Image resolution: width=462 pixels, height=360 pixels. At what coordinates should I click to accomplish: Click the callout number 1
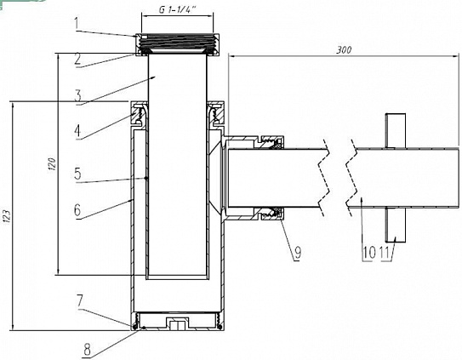(x=77, y=24)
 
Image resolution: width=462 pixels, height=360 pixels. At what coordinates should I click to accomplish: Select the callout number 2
(x=77, y=60)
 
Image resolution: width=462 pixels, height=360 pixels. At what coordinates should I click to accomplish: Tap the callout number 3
(x=78, y=96)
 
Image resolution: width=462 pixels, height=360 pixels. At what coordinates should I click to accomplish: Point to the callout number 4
(x=77, y=131)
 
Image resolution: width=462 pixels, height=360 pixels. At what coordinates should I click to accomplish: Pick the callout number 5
(x=77, y=174)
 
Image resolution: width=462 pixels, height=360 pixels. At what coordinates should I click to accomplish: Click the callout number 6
(x=77, y=210)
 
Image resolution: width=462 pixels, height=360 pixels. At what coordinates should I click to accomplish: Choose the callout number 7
(x=80, y=300)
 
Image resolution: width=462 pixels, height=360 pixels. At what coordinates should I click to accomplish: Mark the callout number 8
(x=88, y=351)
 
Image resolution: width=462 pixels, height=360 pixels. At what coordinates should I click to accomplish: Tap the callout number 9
(x=298, y=253)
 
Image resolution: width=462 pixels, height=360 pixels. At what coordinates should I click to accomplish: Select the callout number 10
(x=369, y=253)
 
